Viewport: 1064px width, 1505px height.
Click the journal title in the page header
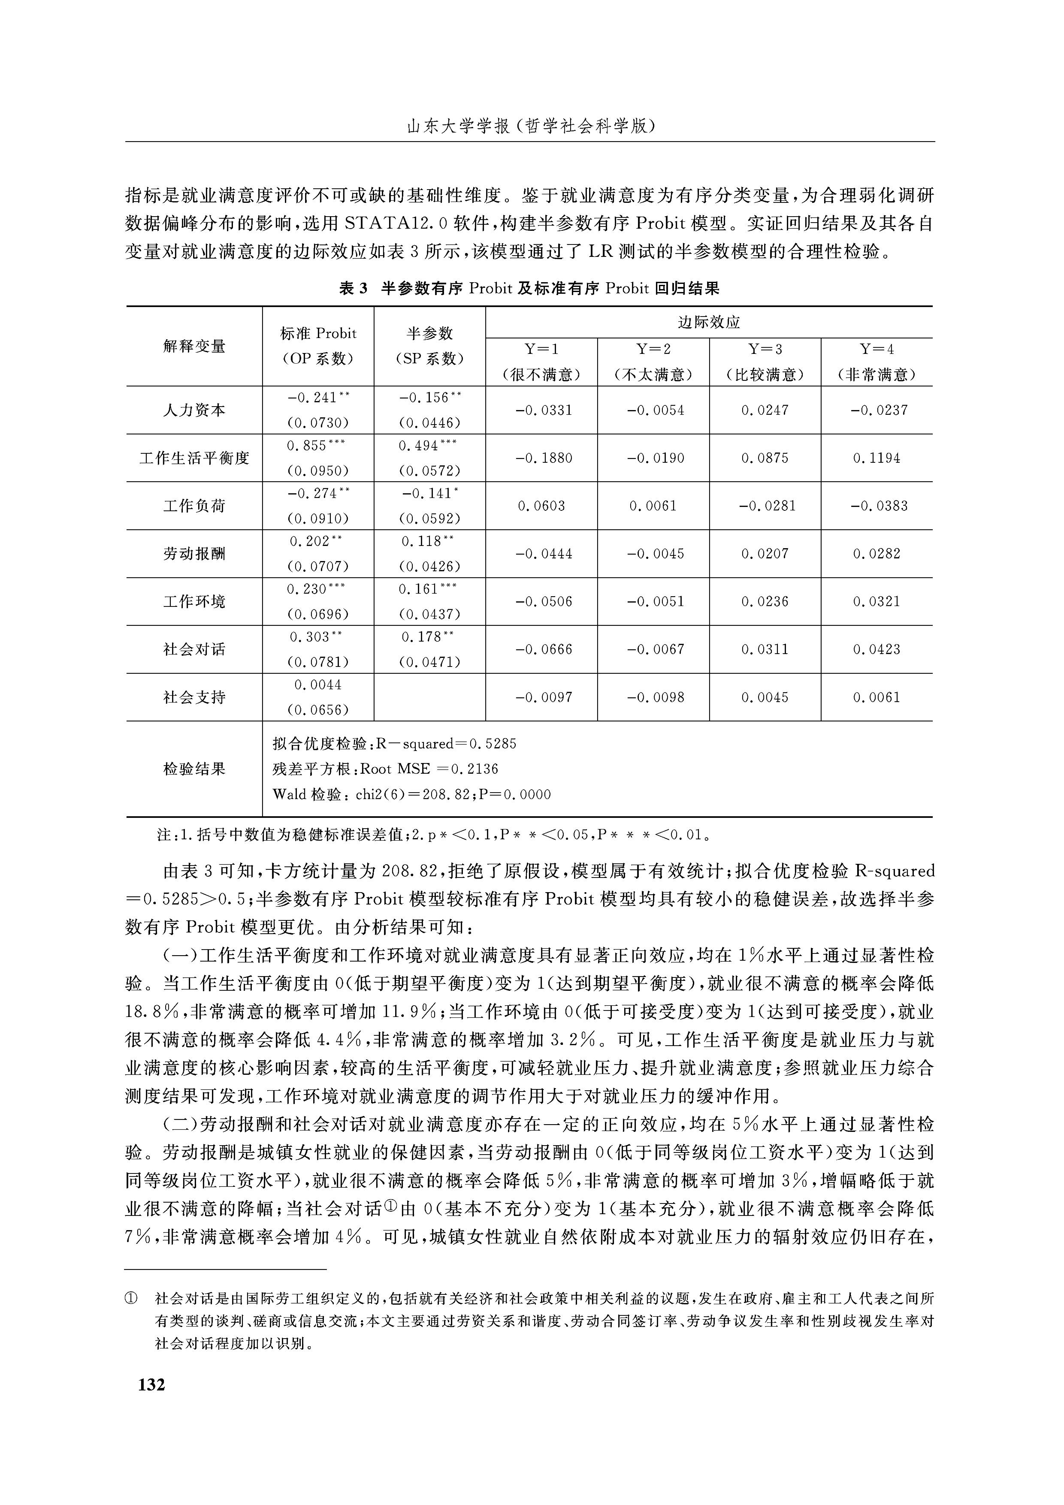pyautogui.click(x=531, y=127)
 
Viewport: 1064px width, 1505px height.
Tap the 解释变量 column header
pyautogui.click(x=194, y=346)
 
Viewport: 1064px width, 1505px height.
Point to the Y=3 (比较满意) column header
pyautogui.click(x=765, y=362)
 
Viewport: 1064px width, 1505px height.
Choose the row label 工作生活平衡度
pyautogui.click(x=194, y=458)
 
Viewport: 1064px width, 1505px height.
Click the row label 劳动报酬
pyautogui.click(x=194, y=554)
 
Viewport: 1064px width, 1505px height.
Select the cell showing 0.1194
pyautogui.click(x=877, y=458)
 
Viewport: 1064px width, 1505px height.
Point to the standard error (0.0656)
pyautogui.click(x=318, y=710)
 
